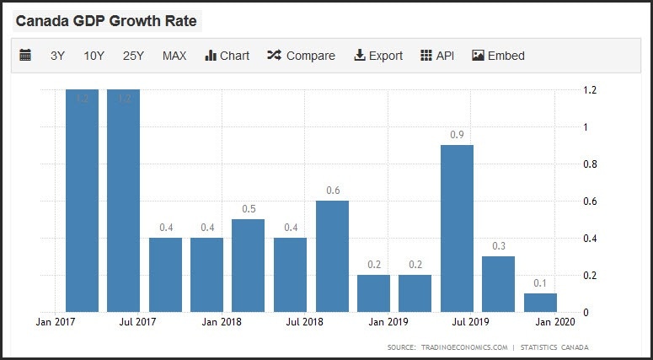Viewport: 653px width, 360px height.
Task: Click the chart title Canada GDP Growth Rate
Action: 106,21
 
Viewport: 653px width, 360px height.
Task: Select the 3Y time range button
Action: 57,56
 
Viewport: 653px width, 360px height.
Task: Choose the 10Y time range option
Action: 94,56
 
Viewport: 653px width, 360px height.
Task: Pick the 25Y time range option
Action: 133,56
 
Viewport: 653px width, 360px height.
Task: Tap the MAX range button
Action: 174,56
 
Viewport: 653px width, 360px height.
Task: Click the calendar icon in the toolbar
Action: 25,56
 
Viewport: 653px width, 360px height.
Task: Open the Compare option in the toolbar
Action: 301,56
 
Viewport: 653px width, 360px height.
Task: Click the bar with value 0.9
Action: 457,228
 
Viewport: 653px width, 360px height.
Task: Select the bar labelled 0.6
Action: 332,256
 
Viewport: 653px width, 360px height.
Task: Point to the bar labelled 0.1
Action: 539,303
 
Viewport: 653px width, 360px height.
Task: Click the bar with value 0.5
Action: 248,266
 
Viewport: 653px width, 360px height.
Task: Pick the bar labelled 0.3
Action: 498,284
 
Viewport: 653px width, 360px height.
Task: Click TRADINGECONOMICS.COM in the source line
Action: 463,347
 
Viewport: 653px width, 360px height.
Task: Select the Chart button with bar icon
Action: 227,56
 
